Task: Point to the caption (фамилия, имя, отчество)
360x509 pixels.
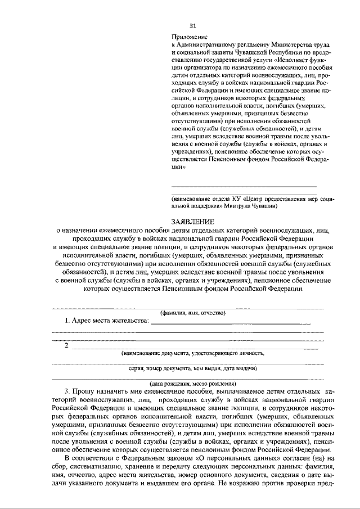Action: [x=193, y=313]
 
